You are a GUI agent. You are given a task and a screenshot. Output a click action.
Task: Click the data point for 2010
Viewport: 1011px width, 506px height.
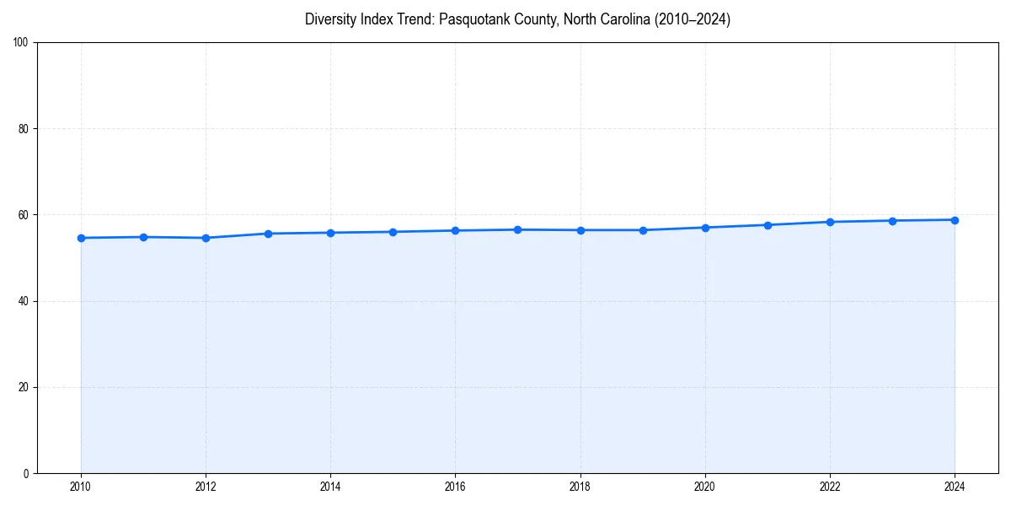point(81,238)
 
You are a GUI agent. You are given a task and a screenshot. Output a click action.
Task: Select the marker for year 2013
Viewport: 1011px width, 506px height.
point(268,234)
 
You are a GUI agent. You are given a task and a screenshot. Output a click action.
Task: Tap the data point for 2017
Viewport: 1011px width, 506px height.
point(517,229)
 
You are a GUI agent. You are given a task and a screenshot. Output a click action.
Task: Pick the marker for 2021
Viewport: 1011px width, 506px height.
point(768,225)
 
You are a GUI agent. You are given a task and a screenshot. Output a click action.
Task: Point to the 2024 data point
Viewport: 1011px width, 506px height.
point(955,220)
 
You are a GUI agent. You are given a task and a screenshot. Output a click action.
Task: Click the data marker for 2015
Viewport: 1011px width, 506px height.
point(393,232)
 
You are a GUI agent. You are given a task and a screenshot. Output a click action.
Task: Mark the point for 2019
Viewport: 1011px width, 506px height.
point(643,230)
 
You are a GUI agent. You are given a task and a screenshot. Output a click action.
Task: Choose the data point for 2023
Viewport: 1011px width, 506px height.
point(892,221)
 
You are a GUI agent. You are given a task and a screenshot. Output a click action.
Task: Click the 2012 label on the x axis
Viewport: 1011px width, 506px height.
point(206,487)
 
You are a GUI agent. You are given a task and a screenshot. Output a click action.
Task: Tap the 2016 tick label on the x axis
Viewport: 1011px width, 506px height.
point(455,487)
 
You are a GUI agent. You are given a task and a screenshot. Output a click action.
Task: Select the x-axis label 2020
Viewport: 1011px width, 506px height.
point(705,487)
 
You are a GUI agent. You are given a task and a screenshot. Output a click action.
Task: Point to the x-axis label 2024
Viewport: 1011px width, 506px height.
point(955,487)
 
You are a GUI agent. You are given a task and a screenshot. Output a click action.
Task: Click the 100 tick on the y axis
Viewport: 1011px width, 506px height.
point(22,43)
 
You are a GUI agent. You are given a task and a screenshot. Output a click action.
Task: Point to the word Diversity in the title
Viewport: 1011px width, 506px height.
point(333,19)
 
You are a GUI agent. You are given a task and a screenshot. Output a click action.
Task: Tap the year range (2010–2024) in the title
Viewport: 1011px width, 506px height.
point(692,19)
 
